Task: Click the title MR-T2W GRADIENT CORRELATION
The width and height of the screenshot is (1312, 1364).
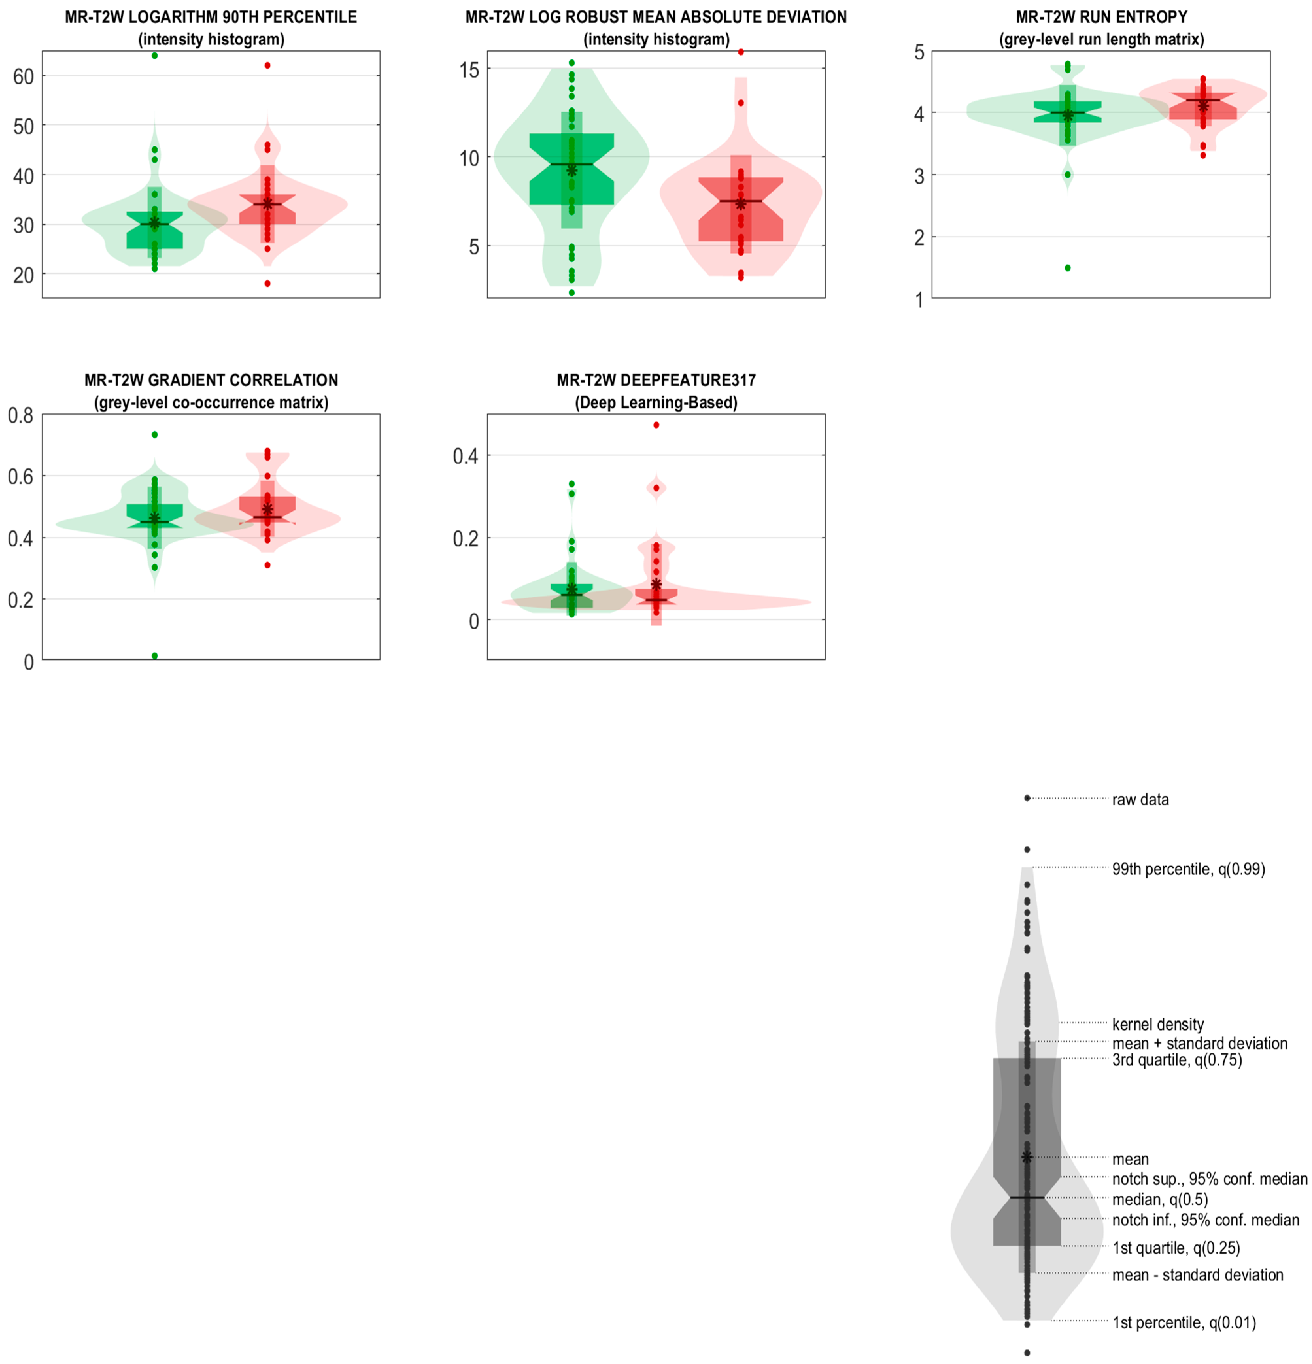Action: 211,380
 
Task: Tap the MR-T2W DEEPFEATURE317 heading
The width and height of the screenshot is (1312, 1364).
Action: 656,380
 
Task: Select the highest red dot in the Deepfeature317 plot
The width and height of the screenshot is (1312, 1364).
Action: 656,425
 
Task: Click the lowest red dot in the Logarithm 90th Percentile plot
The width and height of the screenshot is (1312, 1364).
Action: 267,283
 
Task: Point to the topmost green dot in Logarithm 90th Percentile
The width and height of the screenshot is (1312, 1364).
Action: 155,56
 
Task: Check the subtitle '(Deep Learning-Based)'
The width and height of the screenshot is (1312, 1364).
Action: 656,402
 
